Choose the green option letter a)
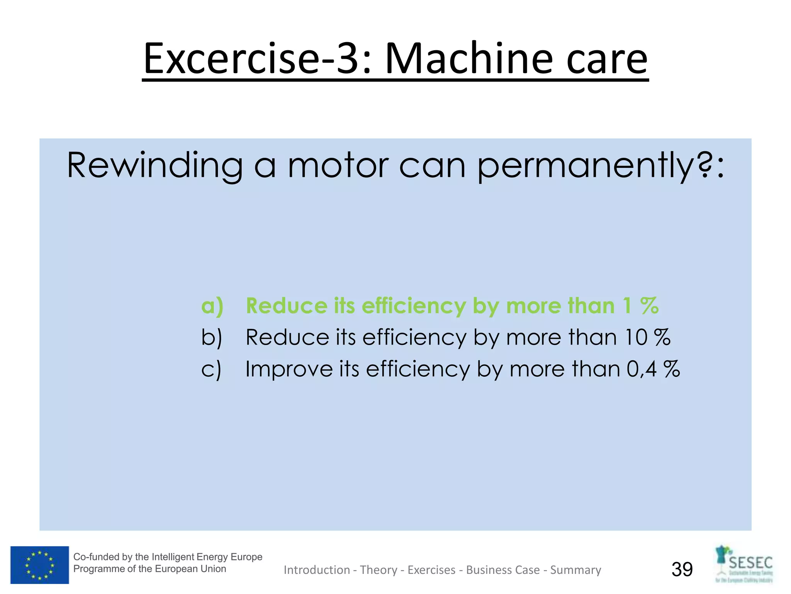click(212, 306)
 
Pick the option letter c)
click(211, 369)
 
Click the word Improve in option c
click(289, 369)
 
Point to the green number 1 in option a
click(627, 306)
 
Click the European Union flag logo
click(39, 565)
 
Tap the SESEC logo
click(744, 564)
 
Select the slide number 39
click(682, 569)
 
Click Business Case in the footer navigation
click(503, 570)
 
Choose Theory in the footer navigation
click(379, 570)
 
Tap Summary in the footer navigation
click(575, 570)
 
